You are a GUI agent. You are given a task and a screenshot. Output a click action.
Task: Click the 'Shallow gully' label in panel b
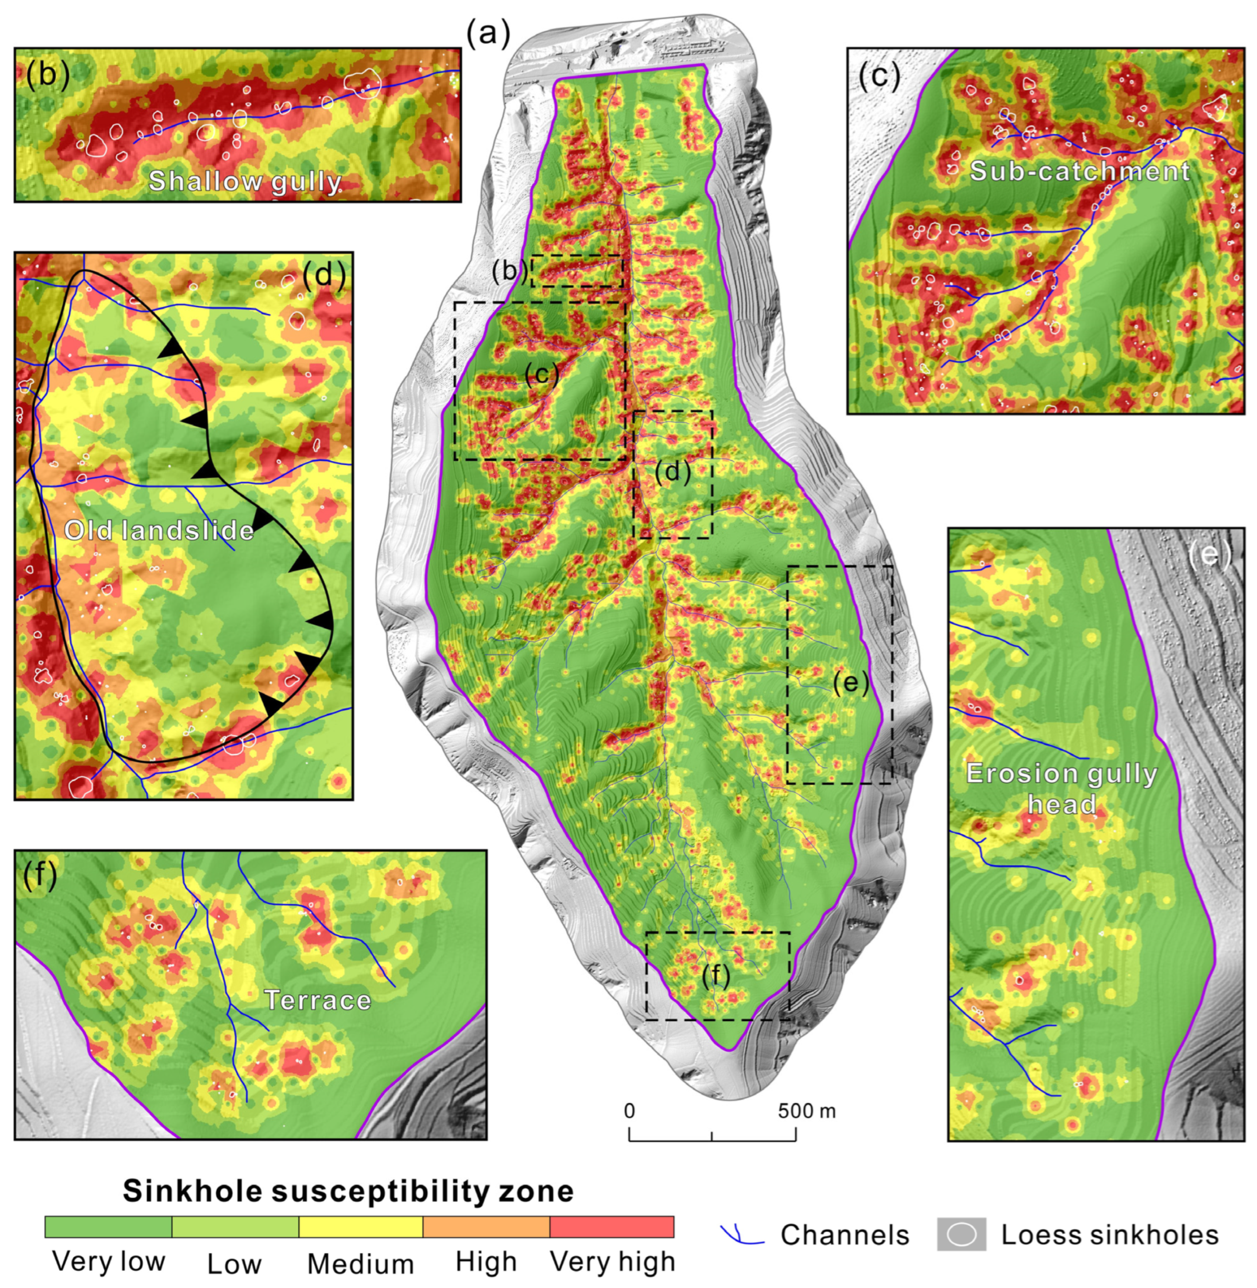click(244, 181)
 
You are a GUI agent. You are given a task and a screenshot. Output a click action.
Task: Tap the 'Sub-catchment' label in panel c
click(1079, 171)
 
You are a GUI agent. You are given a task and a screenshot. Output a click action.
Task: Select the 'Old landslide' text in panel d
click(159, 530)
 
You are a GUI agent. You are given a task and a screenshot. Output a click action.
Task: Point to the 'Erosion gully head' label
click(1061, 789)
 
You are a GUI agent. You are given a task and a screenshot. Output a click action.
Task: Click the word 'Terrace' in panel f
click(318, 1000)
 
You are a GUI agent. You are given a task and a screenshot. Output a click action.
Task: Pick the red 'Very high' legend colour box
click(611, 1227)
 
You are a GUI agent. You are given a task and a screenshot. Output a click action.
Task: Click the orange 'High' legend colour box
click(486, 1227)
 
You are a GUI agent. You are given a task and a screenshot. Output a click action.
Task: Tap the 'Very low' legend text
click(108, 1261)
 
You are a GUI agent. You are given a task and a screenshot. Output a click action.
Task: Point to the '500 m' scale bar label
click(806, 1111)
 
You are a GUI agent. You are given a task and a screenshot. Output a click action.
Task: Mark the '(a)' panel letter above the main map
click(489, 33)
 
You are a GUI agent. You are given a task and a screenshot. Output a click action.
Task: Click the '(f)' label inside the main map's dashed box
click(716, 977)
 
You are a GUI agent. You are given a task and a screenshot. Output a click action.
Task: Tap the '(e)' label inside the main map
click(850, 683)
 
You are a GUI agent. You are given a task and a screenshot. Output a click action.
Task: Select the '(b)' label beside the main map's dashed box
click(508, 271)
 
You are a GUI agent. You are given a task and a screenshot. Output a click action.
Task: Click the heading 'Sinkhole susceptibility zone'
click(348, 1191)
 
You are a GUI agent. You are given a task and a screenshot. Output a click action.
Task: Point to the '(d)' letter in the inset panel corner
click(323, 276)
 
